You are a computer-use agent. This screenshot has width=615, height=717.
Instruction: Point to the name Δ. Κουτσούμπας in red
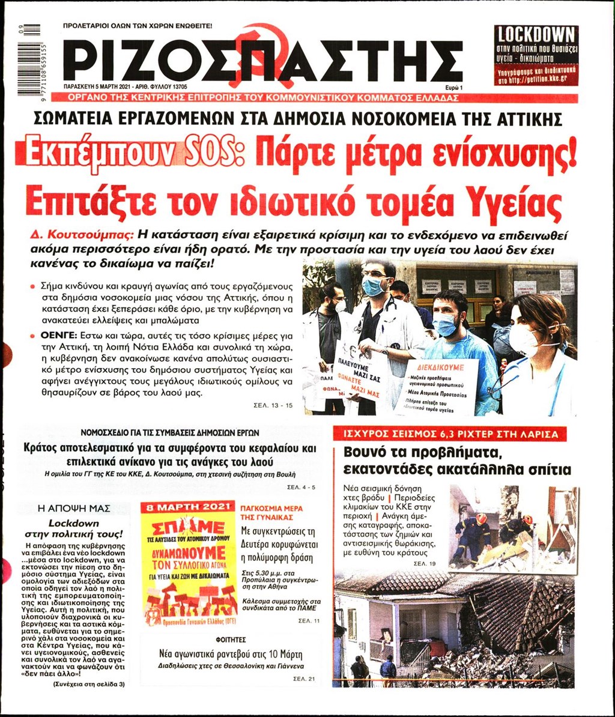[81, 235]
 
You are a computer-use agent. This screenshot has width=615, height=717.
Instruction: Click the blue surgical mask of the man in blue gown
[446, 324]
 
